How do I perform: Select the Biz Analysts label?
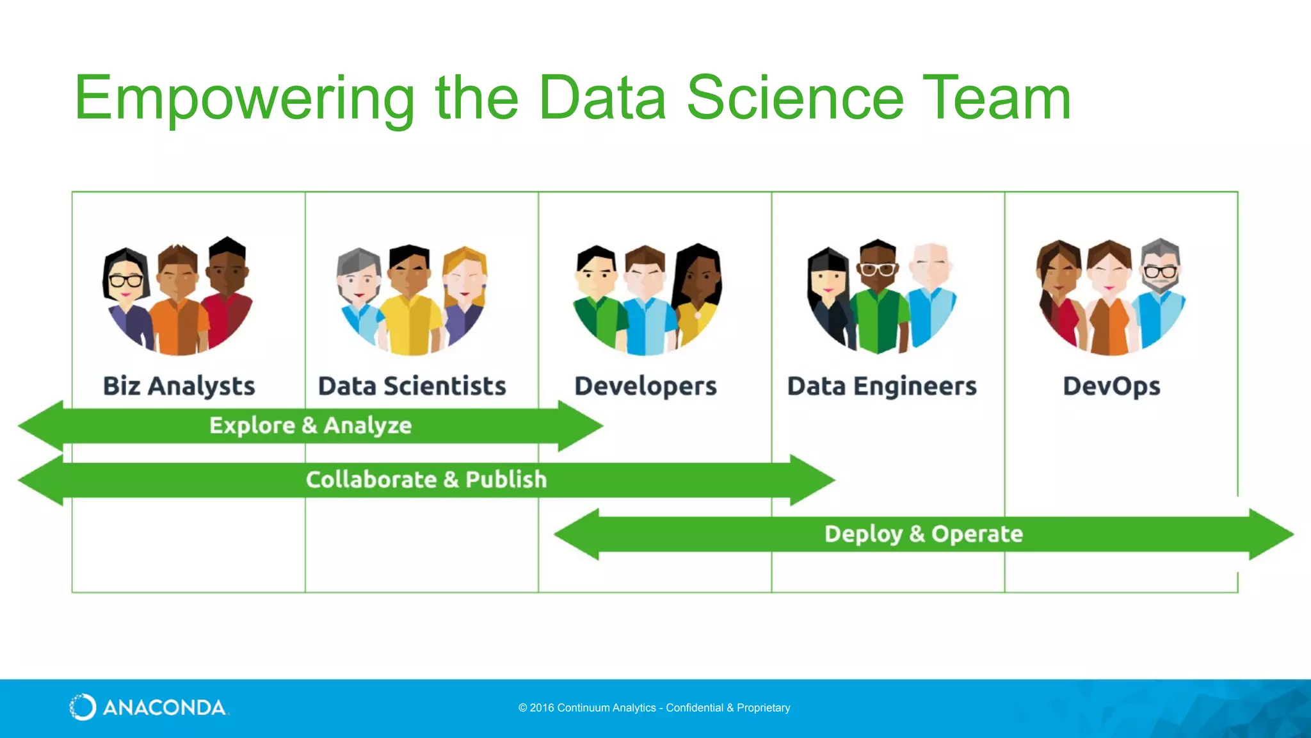tap(179, 386)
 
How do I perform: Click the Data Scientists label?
tap(412, 386)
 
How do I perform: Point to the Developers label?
tap(645, 386)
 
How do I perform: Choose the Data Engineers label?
tap(882, 386)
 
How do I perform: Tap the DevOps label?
tap(1112, 386)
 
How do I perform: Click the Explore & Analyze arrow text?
tap(310, 425)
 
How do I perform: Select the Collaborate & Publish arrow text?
tap(426, 480)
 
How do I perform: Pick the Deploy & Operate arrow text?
tap(924, 534)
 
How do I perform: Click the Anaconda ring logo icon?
tap(83, 707)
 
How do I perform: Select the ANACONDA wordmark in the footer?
tap(165, 708)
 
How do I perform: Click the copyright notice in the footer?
tap(654, 708)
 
